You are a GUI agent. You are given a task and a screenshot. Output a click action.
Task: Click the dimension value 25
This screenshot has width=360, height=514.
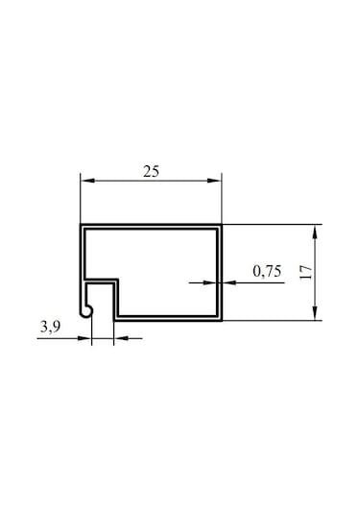coord(151,171)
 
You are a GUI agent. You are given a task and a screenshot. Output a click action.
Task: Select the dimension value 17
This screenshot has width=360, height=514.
coord(306,272)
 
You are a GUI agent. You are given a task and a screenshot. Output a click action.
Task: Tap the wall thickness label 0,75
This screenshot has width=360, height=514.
coord(267,271)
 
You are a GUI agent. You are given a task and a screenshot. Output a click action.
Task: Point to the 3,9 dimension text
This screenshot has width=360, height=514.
coord(51,327)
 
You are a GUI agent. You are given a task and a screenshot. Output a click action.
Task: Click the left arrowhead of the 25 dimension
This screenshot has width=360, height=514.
coord(87,181)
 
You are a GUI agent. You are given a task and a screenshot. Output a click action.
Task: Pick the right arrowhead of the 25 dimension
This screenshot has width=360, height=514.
coord(214,181)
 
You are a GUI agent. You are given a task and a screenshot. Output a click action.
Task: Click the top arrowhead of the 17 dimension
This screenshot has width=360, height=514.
coord(315,232)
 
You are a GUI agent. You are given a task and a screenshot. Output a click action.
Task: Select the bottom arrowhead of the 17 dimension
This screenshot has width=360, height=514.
coord(315,313)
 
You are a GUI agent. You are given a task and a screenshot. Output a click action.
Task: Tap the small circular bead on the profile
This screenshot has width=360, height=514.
coord(86,311)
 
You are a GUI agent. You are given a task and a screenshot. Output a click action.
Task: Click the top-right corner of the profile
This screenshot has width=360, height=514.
coord(222,225)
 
